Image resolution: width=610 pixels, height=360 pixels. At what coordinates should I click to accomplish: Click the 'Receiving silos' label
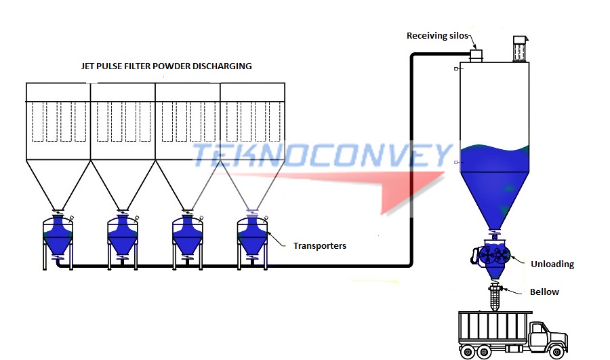point(437,35)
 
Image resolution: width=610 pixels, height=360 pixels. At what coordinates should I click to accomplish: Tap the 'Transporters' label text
point(319,245)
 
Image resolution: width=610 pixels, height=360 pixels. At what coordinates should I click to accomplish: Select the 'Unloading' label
point(553,264)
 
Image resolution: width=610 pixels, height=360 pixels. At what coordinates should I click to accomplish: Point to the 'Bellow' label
point(544,292)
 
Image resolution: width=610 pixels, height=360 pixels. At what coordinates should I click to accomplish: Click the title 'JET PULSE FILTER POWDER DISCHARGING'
point(166,66)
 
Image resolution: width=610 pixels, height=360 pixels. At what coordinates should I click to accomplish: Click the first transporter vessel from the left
point(58,234)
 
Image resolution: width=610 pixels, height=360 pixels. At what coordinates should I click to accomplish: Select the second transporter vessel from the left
point(123,234)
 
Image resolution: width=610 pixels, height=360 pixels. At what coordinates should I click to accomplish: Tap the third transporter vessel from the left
point(187,234)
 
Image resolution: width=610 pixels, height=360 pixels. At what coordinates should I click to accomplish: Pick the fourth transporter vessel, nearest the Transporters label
point(252,234)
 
